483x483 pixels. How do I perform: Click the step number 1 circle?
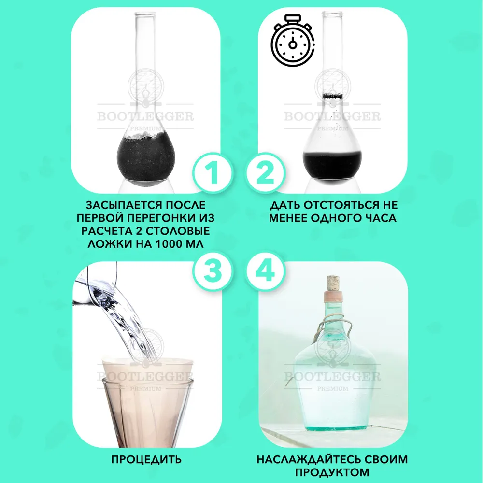(212, 174)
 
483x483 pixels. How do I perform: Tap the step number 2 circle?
(265, 174)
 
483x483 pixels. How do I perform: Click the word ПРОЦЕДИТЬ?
(146, 460)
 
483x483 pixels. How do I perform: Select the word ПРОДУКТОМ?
(332, 472)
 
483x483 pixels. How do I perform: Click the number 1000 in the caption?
(169, 244)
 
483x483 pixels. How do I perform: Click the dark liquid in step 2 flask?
(332, 165)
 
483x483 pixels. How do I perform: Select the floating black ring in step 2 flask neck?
(332, 97)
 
